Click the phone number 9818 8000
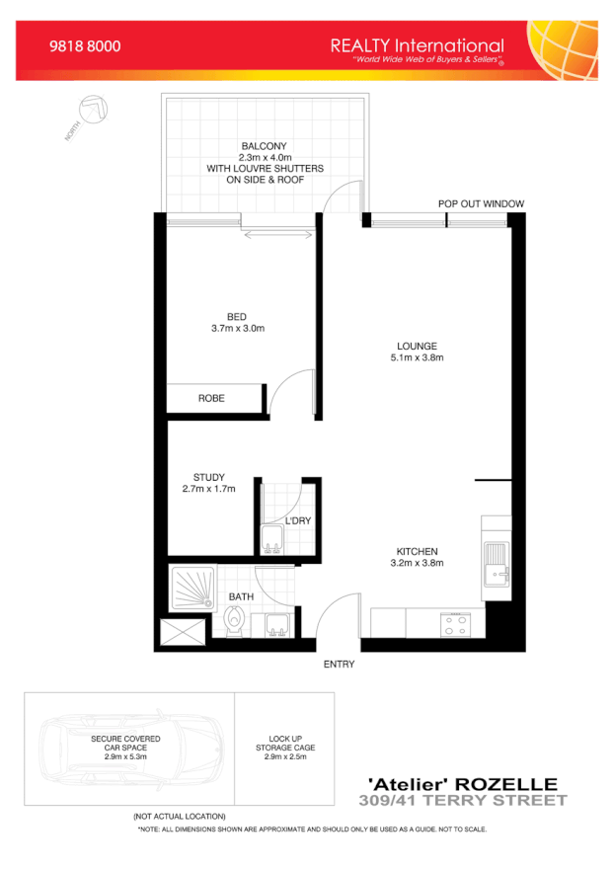pyautogui.click(x=85, y=46)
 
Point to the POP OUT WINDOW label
pyautogui.click(x=481, y=204)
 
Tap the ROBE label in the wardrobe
pyautogui.click(x=211, y=398)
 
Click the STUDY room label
pyautogui.click(x=209, y=478)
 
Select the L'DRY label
pyautogui.click(x=298, y=520)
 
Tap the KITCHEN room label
pyautogui.click(x=417, y=551)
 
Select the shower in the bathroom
pyautogui.click(x=192, y=589)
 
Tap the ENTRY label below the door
pyautogui.click(x=339, y=665)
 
